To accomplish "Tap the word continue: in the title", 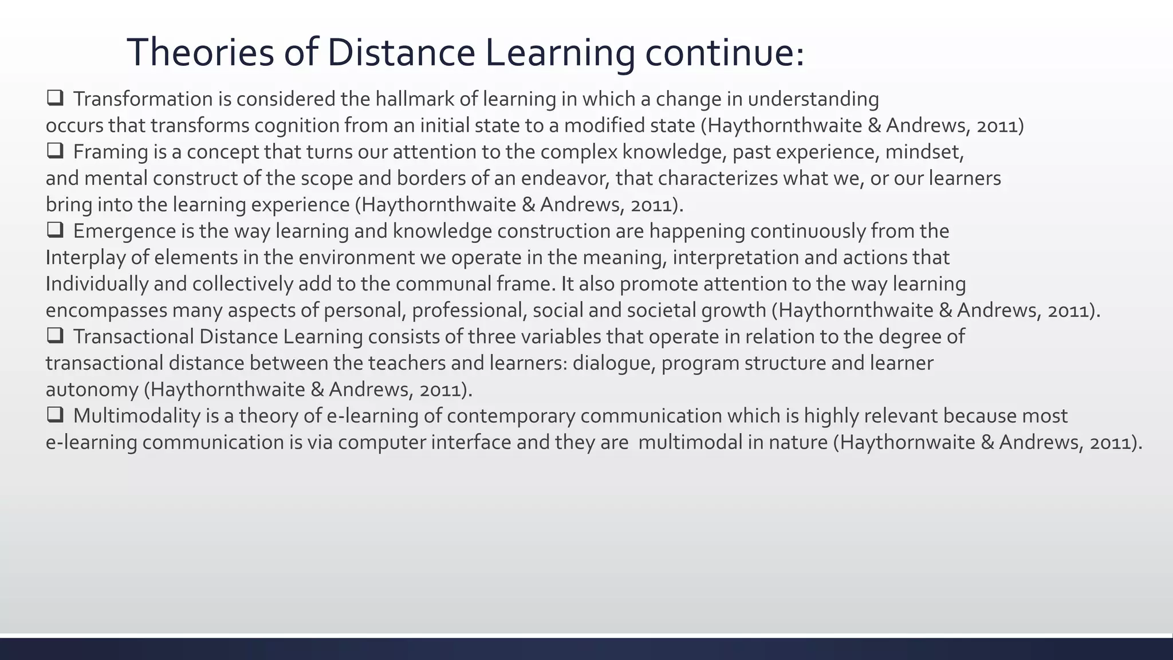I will tap(725, 53).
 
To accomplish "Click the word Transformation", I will tap(143, 100).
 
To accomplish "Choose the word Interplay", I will tap(85, 258).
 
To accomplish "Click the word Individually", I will tap(97, 284).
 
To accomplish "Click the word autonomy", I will tap(92, 390).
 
